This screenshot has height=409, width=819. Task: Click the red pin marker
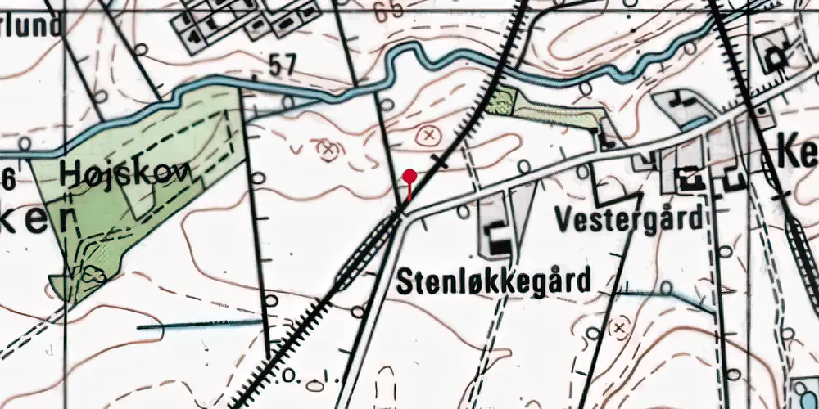coord(409,176)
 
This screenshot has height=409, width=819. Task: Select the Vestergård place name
coord(629,218)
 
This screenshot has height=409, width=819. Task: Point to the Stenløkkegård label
coord(494,282)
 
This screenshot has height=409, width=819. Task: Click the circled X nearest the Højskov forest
coord(328,149)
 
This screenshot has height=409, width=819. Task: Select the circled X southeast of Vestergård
coord(619,328)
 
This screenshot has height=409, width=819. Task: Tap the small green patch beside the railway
coord(498,102)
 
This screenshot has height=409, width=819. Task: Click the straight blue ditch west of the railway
coord(201,325)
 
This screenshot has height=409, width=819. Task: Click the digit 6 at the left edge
coord(8,177)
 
